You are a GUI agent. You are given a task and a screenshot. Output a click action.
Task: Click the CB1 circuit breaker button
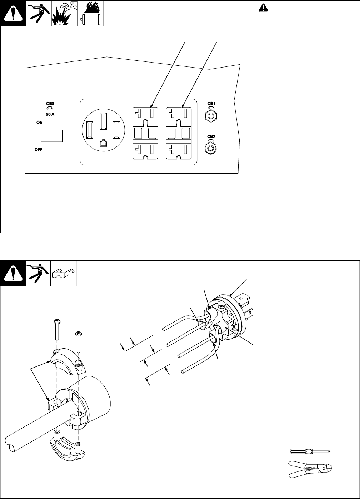pos(211,116)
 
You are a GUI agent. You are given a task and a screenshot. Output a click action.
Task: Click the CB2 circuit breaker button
pos(211,147)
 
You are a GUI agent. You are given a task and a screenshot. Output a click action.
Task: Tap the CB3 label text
pos(50,103)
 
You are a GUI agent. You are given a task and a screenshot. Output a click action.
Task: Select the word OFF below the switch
pos(39,150)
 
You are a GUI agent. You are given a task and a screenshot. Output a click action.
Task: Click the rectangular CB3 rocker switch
pos(52,136)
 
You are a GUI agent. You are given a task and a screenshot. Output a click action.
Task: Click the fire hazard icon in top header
pos(90,14)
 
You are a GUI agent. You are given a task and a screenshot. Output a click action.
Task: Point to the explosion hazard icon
pos(65,14)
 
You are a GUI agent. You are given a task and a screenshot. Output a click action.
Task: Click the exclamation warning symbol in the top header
pos(13,14)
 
